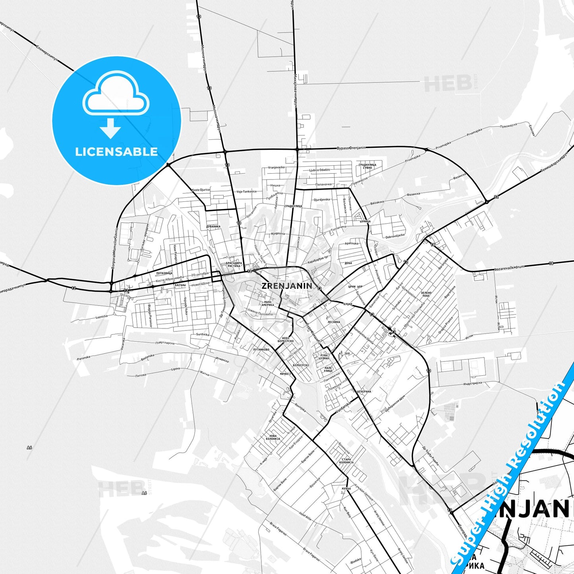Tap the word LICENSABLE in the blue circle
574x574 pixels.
pos(116,152)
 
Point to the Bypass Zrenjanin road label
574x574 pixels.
pos(351,148)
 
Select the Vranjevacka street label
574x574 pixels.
pos(276,167)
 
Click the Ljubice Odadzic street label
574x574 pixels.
pos(319,170)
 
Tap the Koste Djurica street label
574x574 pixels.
pos(201,190)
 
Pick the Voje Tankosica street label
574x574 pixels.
pos(246,191)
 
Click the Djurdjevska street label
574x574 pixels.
pos(321,199)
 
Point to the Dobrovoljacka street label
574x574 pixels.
pos(395,236)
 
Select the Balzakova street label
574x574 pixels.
pos(377,203)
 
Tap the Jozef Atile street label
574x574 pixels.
pos(305,516)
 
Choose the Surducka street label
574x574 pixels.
pos(202,334)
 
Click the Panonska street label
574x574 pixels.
pos(84,357)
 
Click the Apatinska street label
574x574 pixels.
pos(351,243)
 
